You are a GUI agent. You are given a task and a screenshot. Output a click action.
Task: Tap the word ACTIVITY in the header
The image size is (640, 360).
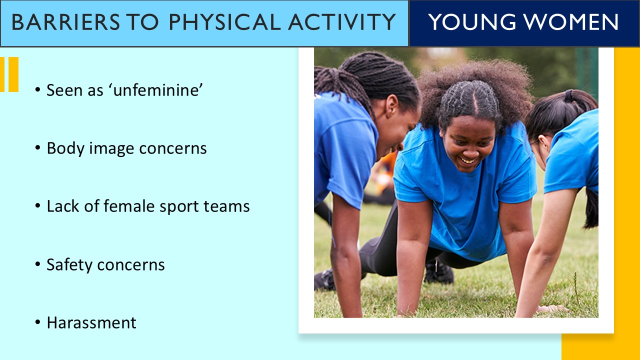click(x=344, y=22)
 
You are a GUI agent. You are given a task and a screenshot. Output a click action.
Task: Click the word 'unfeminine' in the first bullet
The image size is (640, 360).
click(x=158, y=90)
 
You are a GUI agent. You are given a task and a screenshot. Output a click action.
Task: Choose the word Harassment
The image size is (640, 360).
click(x=91, y=323)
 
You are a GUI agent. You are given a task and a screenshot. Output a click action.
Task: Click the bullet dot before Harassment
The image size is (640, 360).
click(x=38, y=323)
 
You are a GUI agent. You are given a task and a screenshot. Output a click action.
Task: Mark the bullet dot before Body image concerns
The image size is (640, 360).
click(x=38, y=148)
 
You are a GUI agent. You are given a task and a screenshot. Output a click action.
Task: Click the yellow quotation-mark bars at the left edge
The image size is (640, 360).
click(x=9, y=74)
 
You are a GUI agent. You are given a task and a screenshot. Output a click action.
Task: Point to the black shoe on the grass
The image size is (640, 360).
click(x=438, y=273)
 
